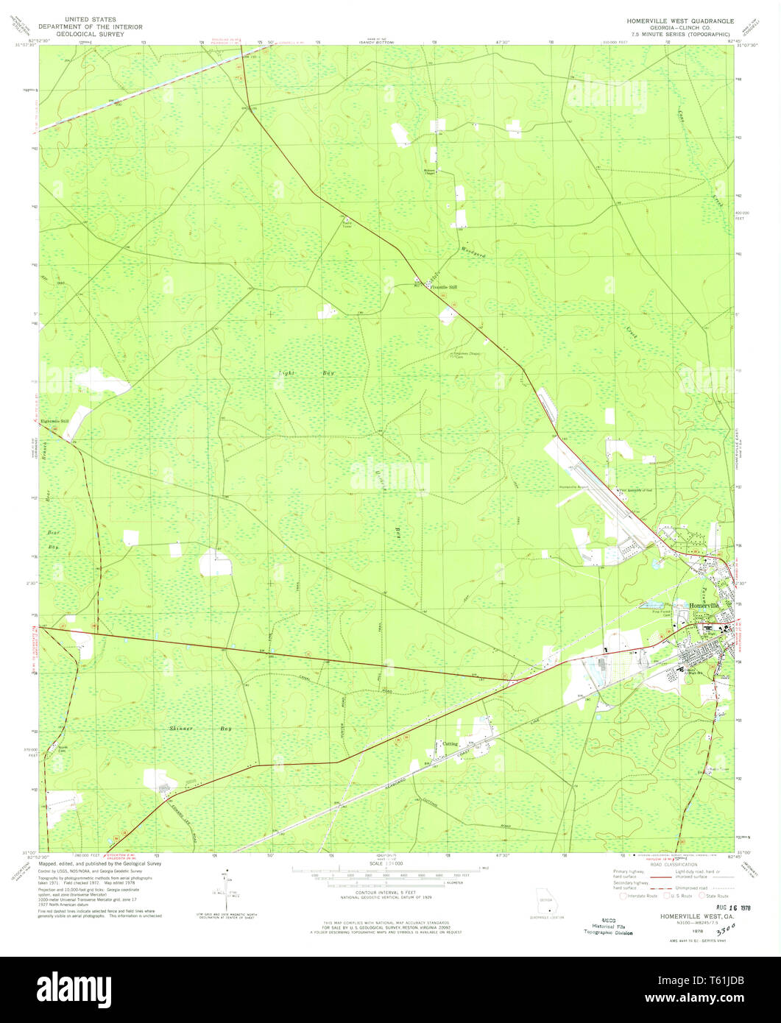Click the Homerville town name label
(x=705, y=604)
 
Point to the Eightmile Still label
(x=55, y=421)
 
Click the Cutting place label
(x=450, y=744)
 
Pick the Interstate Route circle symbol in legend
(x=623, y=896)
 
